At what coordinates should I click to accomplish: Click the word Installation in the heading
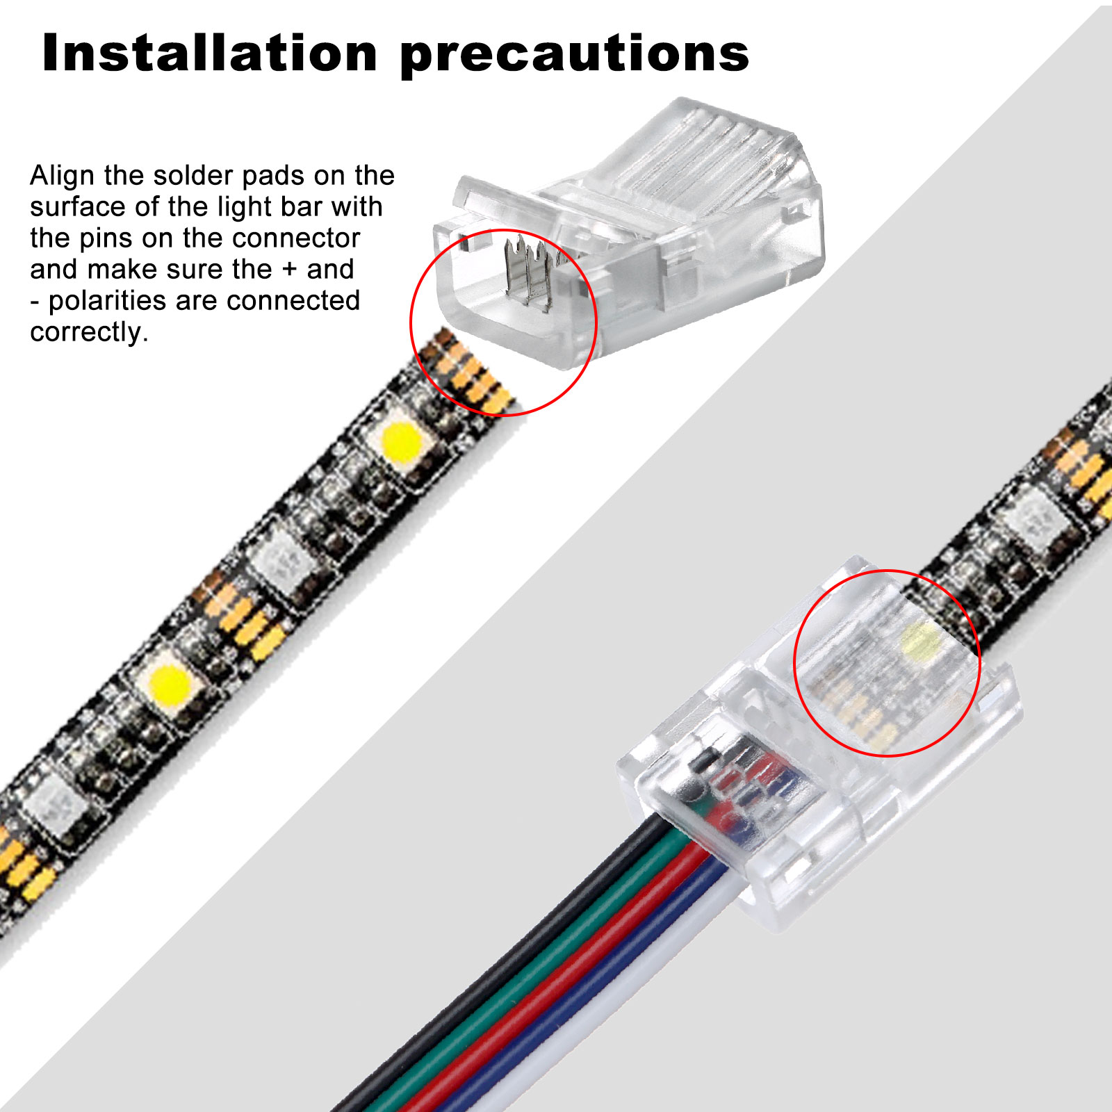[x=209, y=54]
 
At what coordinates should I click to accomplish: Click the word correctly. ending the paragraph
[x=89, y=332]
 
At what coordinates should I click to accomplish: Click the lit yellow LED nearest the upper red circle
[x=401, y=439]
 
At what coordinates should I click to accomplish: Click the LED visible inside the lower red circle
[x=919, y=638]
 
